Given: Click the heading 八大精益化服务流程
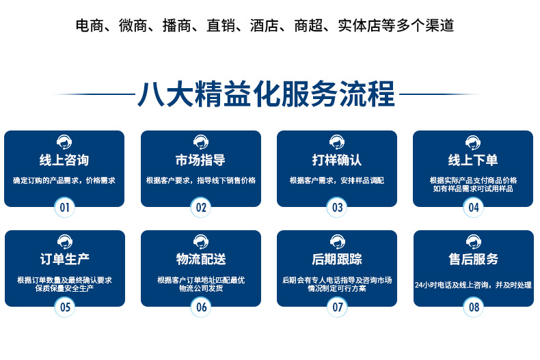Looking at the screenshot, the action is [267, 94].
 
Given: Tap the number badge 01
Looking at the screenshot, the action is [65, 207].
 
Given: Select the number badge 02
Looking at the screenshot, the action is [201, 207].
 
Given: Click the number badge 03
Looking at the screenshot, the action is [337, 207].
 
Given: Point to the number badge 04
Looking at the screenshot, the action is [473, 207].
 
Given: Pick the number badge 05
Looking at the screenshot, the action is [65, 307].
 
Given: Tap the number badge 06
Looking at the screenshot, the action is [201, 307].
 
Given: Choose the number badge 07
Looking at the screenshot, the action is [337, 307].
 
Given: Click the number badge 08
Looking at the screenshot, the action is [473, 307].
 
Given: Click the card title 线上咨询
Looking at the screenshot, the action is [64, 161].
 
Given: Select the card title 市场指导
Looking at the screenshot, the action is [200, 161].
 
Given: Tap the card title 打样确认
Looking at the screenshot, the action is [337, 161].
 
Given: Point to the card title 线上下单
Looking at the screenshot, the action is [473, 161].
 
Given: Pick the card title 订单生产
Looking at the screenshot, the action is [65, 260].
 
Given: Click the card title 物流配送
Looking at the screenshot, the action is [201, 260].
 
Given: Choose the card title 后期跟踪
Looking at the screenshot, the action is [337, 260].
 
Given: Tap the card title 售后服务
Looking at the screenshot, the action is [473, 260].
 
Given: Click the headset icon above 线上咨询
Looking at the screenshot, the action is [64, 142].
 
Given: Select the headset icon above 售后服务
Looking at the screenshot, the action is [473, 241].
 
